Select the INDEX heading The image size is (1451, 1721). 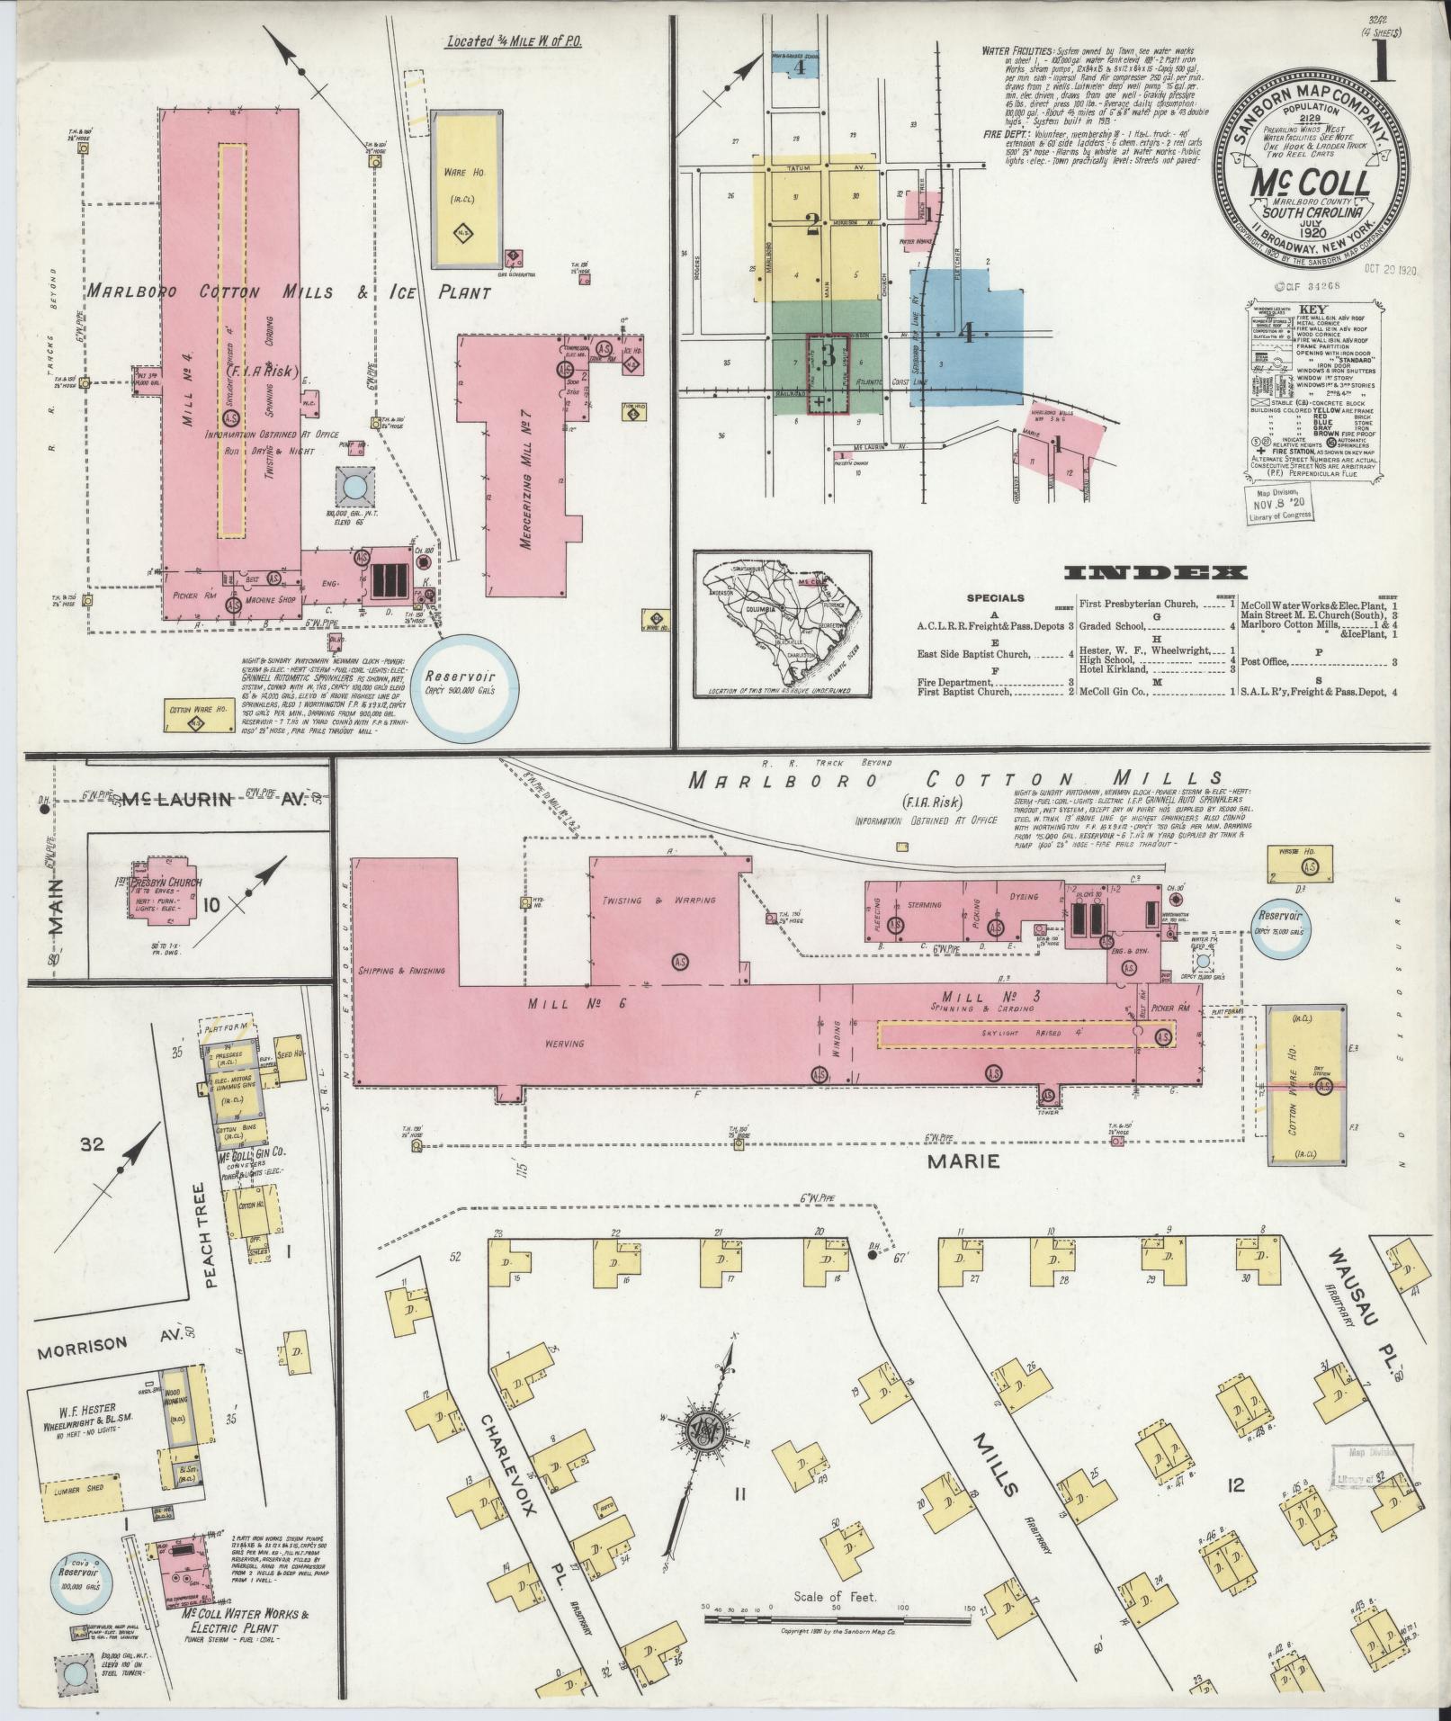[1154, 573]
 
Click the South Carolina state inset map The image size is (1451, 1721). [782, 623]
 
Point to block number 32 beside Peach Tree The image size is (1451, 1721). [93, 1144]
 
